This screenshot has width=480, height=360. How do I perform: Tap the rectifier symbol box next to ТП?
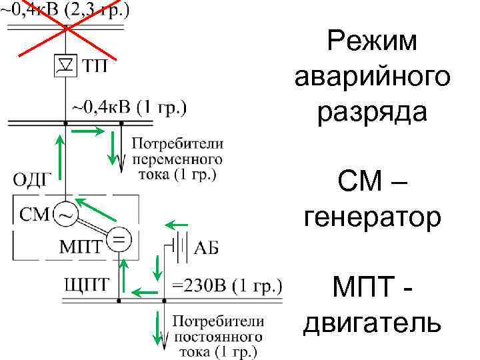65,65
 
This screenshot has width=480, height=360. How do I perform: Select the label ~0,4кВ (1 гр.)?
129,107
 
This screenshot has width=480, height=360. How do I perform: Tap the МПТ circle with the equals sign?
119,239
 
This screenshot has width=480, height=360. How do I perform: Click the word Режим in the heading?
372,42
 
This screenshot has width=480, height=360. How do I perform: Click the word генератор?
372,217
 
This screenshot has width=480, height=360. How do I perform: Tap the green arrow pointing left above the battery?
177,224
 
